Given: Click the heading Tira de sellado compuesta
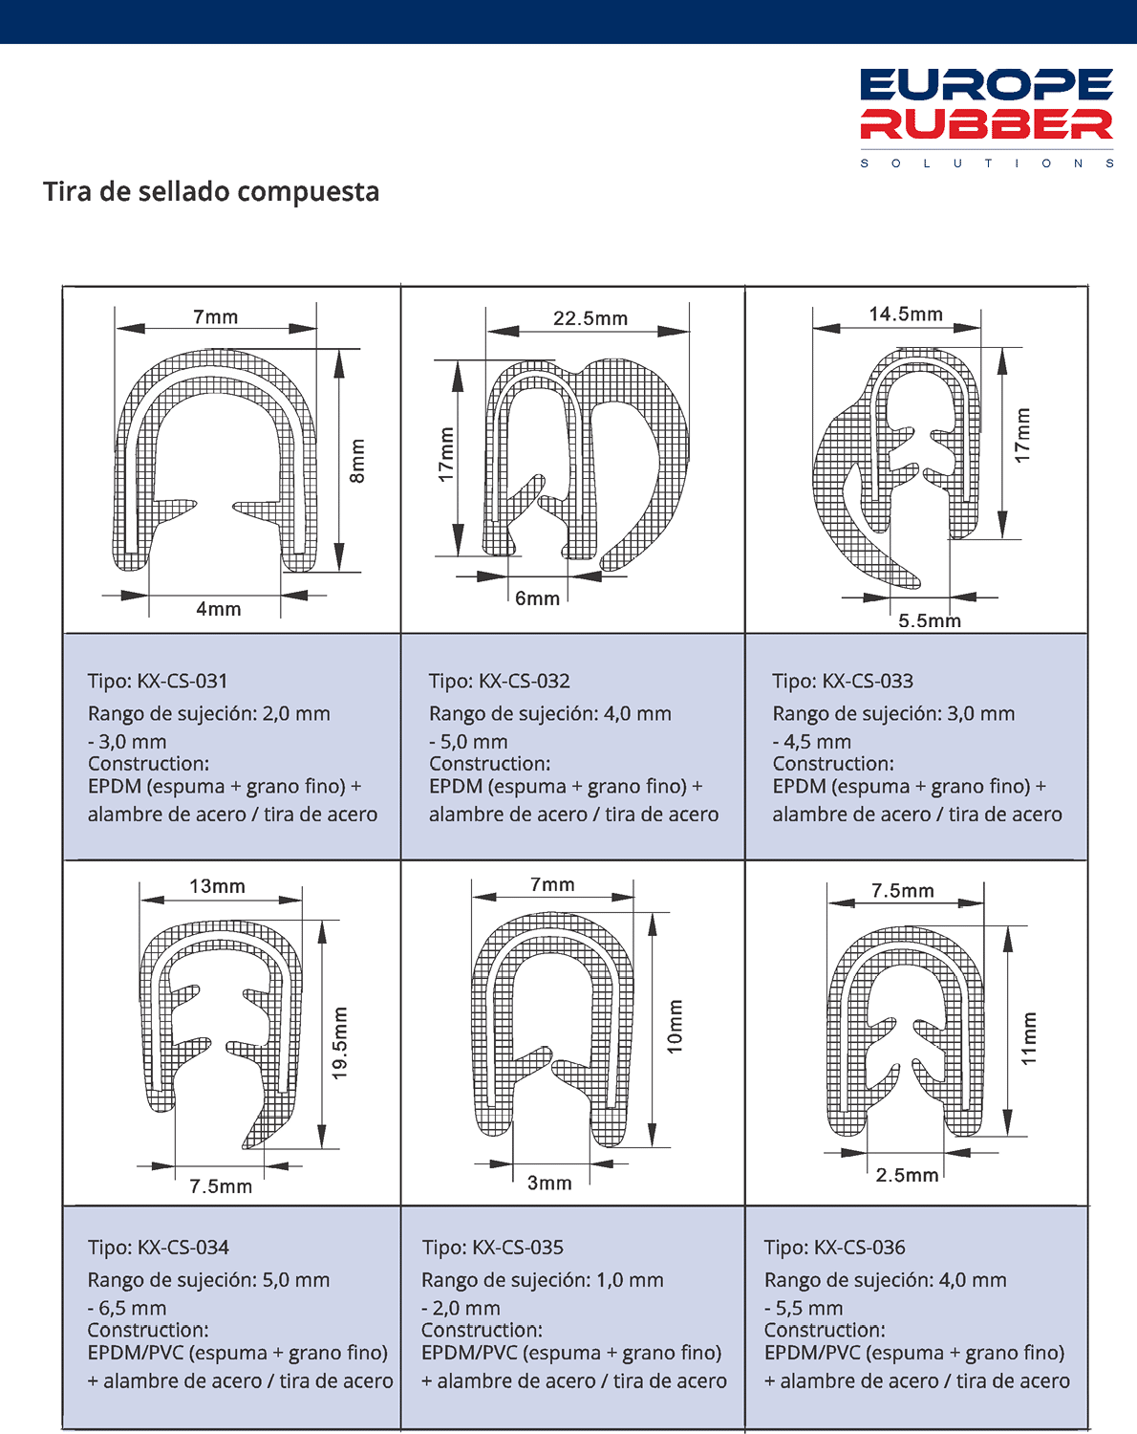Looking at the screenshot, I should (x=211, y=191).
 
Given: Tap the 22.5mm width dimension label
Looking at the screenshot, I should (x=590, y=318).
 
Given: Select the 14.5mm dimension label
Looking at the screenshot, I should (x=906, y=315).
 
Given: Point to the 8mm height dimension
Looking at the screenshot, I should (x=357, y=461).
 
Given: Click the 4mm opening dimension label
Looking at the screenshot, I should (x=219, y=609).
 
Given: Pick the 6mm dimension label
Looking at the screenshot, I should (x=537, y=598).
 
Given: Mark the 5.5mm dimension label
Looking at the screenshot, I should (x=929, y=620).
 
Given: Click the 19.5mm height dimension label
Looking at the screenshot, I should (x=340, y=1043).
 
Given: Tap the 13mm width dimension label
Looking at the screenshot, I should (x=217, y=886).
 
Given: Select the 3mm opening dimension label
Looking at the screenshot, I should (x=549, y=1183).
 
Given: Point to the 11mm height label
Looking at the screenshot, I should (x=1028, y=1038).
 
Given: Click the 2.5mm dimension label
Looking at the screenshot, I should (x=907, y=1175).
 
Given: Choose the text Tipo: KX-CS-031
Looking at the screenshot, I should (x=158, y=681).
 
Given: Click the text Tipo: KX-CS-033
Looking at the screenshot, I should (x=843, y=681).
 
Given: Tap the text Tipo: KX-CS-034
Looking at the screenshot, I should (x=159, y=1248).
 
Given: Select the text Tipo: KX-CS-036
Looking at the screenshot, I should (x=834, y=1248).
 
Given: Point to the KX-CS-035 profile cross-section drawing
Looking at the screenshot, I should (x=552, y=1028).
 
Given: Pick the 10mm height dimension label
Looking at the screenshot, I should (x=675, y=1027).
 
